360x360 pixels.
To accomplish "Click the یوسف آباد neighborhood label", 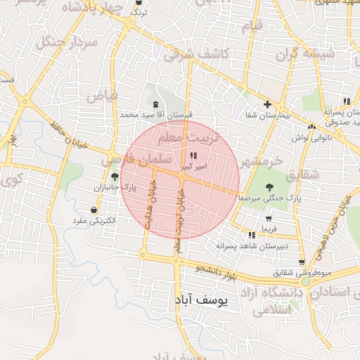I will (201, 300).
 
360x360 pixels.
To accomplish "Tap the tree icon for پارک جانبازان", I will (115, 177).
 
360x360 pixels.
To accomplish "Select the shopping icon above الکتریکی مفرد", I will (95, 210).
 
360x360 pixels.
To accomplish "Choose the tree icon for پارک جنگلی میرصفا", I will (269, 188).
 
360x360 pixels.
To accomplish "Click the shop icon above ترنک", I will (139, 3).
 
